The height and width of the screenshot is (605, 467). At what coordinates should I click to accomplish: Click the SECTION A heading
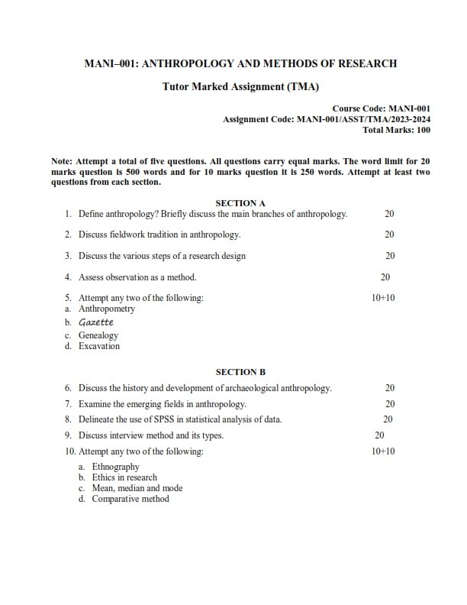[x=240, y=202]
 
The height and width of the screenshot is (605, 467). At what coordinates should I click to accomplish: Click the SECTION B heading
[x=240, y=372]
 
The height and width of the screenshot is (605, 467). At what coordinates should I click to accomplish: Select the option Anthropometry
[x=107, y=309]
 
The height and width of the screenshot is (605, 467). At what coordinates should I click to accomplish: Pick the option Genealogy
[x=98, y=335]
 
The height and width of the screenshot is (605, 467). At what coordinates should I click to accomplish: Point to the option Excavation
[x=99, y=346]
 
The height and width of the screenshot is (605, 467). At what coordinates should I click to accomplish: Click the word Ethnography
[x=115, y=467]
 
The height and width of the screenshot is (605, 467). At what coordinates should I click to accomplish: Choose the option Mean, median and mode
[x=137, y=488]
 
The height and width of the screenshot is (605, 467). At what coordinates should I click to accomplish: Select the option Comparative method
[x=130, y=499]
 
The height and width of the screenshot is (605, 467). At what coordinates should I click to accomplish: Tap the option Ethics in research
[x=124, y=477]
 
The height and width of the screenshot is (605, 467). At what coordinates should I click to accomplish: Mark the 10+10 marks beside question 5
[x=383, y=298]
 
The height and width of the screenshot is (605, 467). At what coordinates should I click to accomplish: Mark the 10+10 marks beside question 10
[x=383, y=451]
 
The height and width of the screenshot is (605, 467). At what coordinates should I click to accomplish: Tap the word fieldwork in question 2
[x=127, y=235]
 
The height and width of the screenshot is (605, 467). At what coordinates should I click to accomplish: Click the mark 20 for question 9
[x=379, y=435]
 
